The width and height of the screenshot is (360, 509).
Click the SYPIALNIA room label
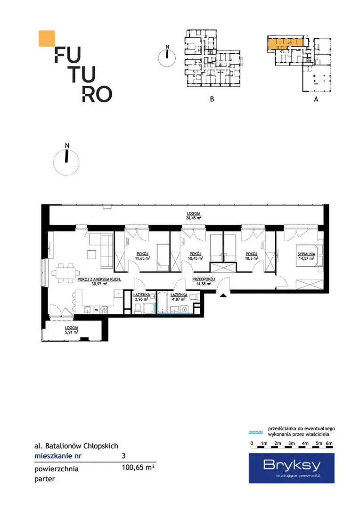click(x=306, y=254)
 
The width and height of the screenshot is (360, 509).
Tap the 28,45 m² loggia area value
click(x=194, y=218)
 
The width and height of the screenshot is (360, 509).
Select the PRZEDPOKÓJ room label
click(x=204, y=279)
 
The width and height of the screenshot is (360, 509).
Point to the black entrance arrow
click(x=224, y=295)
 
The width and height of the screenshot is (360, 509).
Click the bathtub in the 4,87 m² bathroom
click(x=162, y=303)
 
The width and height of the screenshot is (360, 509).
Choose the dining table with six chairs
click(x=65, y=273)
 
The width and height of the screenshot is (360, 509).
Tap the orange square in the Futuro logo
click(x=47, y=38)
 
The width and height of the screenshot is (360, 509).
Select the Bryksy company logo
click(x=292, y=468)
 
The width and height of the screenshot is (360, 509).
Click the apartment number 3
click(x=123, y=456)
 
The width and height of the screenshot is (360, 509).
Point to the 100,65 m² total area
click(x=138, y=468)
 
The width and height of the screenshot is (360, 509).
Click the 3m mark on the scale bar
click(x=292, y=443)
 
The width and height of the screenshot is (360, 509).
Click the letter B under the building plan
click(x=212, y=99)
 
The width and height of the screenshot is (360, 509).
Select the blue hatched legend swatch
click(x=255, y=432)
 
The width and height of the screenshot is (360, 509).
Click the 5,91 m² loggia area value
click(x=72, y=332)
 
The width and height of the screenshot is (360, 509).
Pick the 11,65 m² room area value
click(x=142, y=258)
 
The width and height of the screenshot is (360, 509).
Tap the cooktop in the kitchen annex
click(x=104, y=310)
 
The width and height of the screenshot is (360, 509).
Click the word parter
click(x=45, y=479)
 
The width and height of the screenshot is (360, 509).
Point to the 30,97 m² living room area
click(x=99, y=283)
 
